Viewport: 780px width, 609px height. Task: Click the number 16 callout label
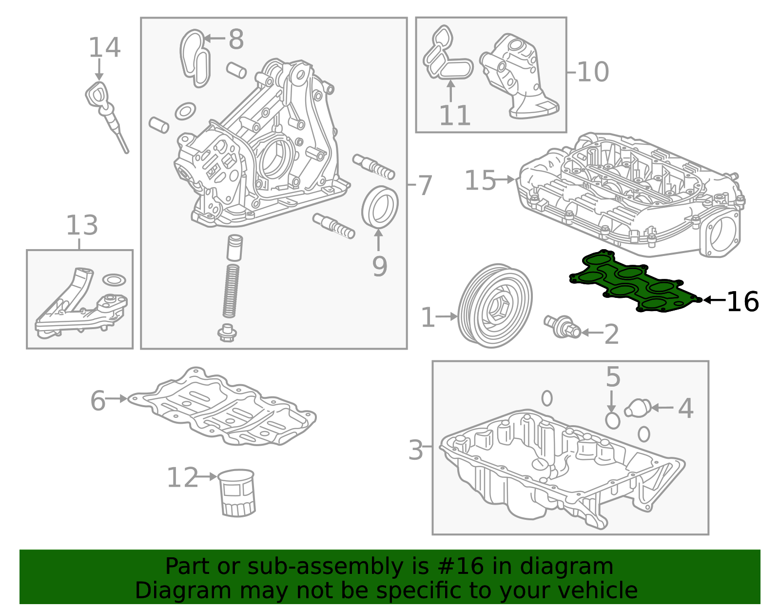pos(742,302)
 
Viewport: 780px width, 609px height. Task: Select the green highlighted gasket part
pos(634,282)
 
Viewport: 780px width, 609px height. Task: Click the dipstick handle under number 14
pos(97,95)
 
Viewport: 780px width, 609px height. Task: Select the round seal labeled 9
pos(380,207)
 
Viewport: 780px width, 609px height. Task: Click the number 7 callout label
pos(425,185)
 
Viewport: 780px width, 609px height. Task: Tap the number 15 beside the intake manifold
pos(480,181)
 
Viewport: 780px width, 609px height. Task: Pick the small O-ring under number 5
pos(612,420)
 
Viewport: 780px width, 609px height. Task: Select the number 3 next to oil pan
pos(416,450)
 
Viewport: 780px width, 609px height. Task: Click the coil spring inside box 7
pos(232,291)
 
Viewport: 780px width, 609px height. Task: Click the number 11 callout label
pos(454,116)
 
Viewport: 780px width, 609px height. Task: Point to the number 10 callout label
pos(593,72)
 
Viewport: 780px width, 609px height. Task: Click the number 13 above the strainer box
pos(82,226)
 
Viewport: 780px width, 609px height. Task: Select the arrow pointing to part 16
pos(714,300)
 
